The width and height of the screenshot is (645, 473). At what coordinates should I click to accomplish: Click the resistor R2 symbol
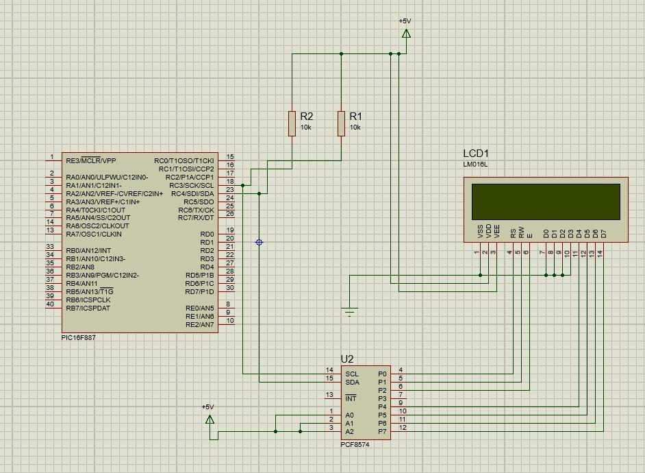click(x=292, y=123)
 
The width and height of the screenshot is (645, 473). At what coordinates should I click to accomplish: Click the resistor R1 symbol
click(x=341, y=123)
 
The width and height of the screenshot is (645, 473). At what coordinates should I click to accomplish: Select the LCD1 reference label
click(x=476, y=154)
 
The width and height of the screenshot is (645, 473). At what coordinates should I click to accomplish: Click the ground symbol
click(x=350, y=312)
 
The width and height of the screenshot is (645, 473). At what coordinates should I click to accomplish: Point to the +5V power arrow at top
click(x=406, y=33)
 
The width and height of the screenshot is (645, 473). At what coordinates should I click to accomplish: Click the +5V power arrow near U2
click(x=210, y=418)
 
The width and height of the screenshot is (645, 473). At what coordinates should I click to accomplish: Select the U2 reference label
click(x=347, y=359)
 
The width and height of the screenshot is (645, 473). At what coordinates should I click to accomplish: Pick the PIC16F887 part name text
click(x=79, y=338)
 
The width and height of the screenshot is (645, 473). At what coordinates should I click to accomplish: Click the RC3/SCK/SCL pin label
click(x=192, y=185)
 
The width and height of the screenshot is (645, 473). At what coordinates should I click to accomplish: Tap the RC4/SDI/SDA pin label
click(x=192, y=193)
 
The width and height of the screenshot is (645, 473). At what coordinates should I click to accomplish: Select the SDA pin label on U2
click(x=352, y=382)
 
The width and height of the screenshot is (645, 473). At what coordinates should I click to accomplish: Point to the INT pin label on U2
click(x=351, y=398)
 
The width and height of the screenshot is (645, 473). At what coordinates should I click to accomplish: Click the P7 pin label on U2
click(x=382, y=431)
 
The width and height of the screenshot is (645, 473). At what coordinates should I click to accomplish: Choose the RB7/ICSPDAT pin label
click(x=88, y=308)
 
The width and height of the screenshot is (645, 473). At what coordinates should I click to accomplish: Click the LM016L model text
click(x=476, y=165)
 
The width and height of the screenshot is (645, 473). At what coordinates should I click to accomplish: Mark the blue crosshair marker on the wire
click(x=259, y=242)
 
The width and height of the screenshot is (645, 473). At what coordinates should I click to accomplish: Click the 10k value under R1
click(x=355, y=128)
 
